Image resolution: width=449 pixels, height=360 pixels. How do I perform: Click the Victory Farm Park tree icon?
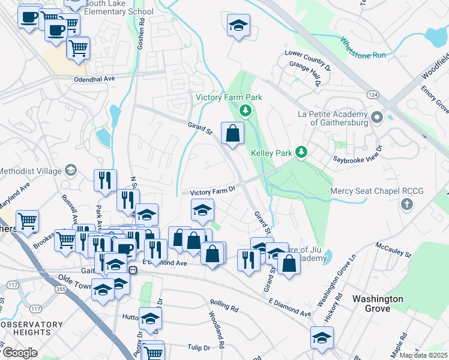tap(245, 110)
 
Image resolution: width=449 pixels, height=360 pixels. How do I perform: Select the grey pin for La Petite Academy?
tap(377, 116)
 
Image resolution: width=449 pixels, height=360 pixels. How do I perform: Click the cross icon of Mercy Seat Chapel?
tap(407, 204)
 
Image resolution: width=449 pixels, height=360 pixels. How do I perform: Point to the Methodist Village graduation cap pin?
tap(71, 172)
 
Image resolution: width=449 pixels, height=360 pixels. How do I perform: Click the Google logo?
tap(20, 353)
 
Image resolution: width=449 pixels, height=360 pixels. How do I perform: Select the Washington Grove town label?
tap(378, 304)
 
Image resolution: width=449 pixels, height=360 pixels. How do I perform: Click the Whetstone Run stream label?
tap(363, 48)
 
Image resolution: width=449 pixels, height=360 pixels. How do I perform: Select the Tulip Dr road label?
tap(198, 347)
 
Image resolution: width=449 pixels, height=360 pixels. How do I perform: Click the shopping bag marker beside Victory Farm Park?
tap(232, 133)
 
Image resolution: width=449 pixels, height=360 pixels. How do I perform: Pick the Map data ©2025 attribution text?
tap(423, 355)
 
